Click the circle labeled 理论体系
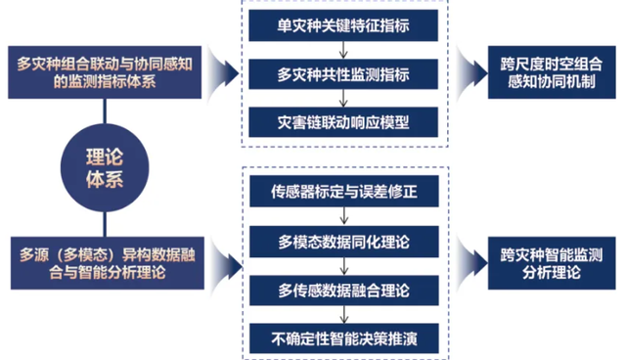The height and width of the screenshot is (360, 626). [105, 167]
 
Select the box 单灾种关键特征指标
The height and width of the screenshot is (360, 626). [343, 25]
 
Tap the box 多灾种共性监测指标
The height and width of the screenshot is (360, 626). [343, 74]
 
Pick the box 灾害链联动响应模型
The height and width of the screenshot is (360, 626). [343, 122]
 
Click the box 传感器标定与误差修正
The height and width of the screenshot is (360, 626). [344, 191]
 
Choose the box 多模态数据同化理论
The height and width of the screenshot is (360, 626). [344, 242]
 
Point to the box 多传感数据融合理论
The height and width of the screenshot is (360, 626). [344, 291]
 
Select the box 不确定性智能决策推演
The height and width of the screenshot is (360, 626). [344, 338]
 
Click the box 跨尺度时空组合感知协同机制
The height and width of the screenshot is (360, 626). [552, 72]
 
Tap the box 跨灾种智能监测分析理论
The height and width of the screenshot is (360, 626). [552, 263]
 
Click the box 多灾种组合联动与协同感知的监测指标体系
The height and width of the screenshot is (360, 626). [105, 72]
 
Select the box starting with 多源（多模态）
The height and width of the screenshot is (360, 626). [108, 263]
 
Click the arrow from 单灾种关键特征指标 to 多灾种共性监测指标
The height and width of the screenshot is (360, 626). [343, 50]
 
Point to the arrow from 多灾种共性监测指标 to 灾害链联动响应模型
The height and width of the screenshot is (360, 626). [343, 98]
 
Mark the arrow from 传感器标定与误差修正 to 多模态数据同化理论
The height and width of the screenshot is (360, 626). [344, 216]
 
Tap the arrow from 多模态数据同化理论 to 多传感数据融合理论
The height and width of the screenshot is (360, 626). [344, 266]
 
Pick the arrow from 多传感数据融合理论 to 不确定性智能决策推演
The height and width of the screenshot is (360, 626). [344, 314]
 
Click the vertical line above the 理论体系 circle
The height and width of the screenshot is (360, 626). [105, 112]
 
